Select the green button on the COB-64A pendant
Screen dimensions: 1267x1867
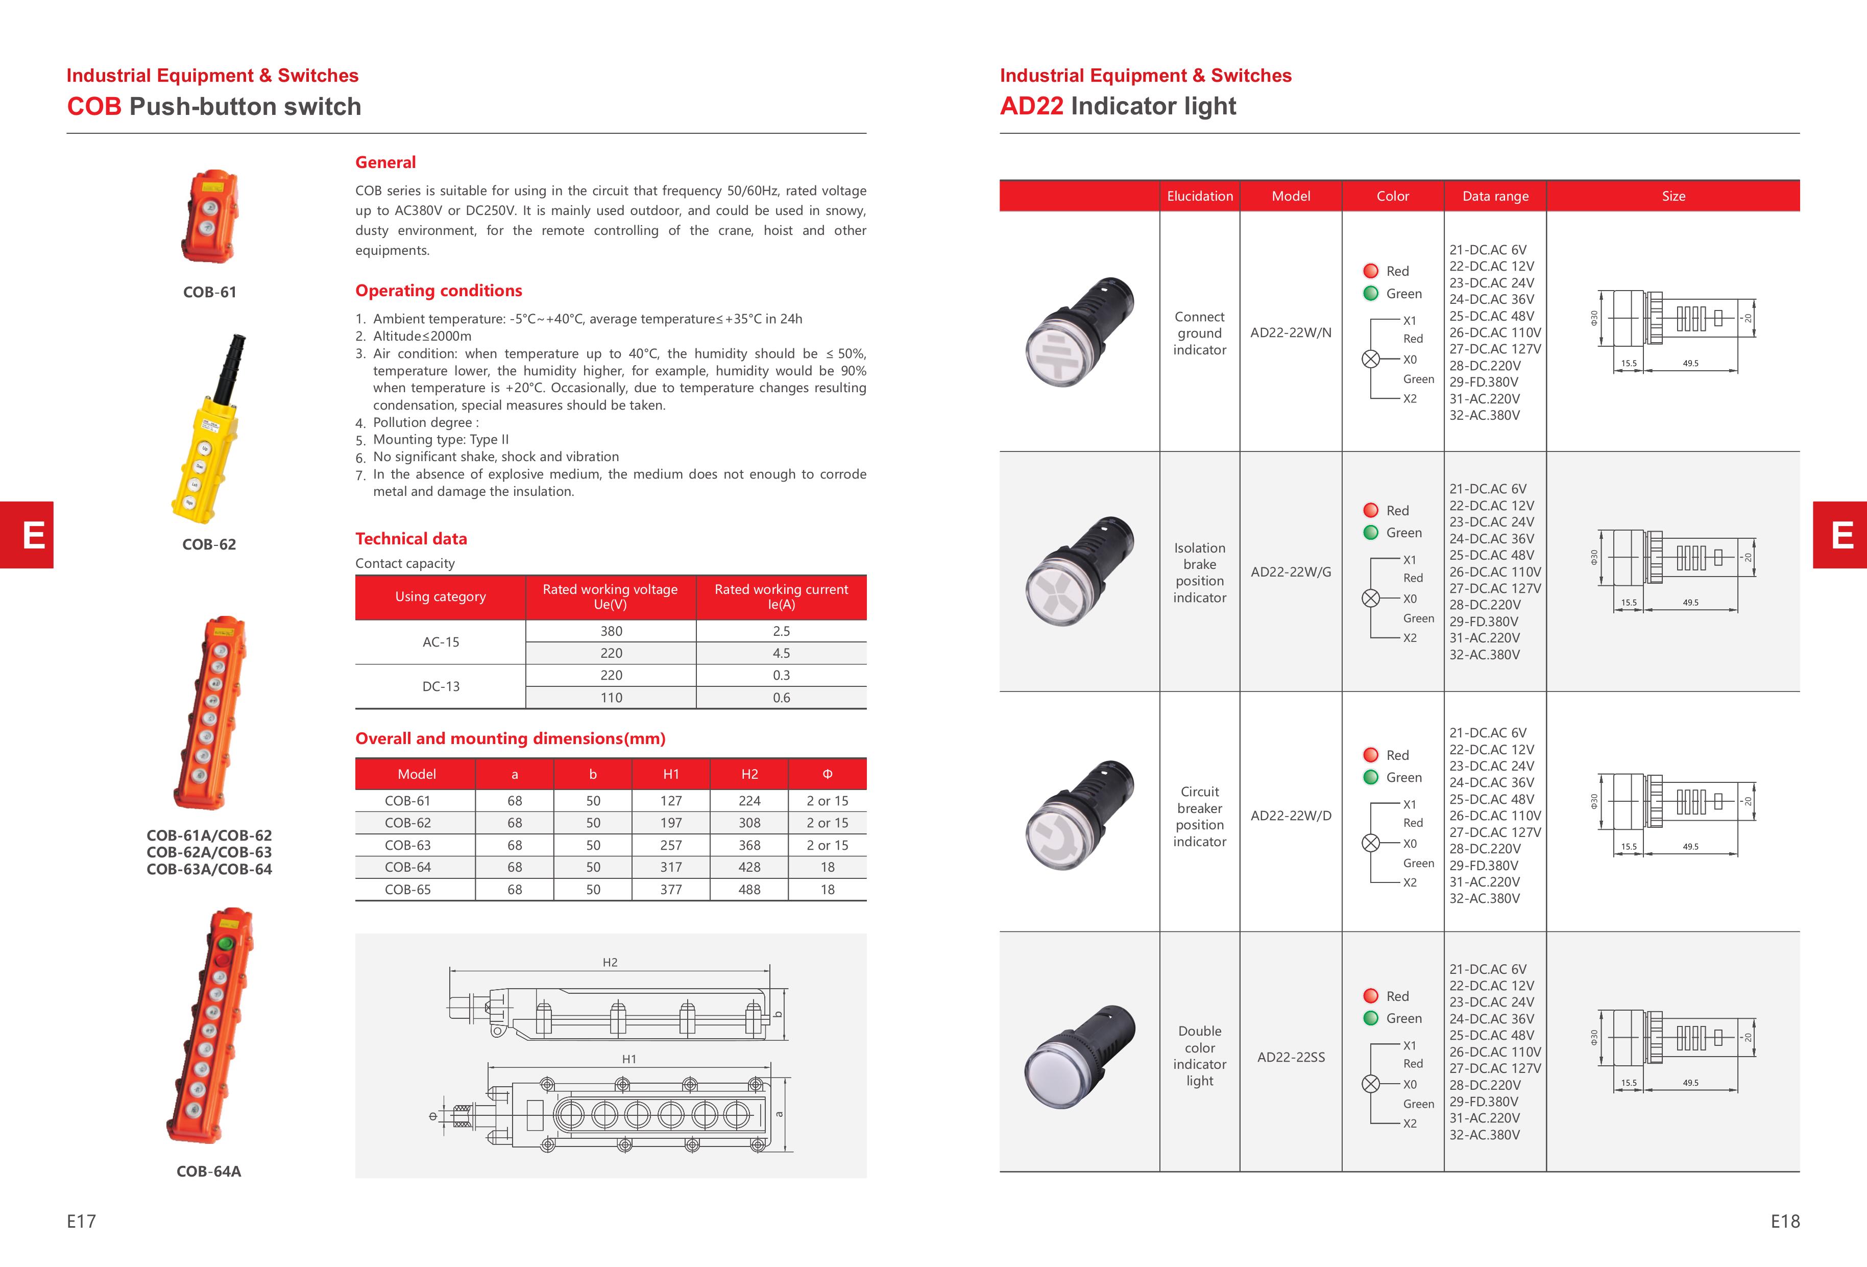[226, 942]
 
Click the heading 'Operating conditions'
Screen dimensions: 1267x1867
[439, 291]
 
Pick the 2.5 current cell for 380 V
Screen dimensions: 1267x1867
[781, 632]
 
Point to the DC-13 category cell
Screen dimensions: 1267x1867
[441, 687]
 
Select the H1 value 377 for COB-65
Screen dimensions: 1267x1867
[671, 890]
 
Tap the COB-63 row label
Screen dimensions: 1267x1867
[408, 845]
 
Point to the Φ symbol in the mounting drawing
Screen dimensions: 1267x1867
[433, 1116]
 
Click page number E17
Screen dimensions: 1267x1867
[81, 1221]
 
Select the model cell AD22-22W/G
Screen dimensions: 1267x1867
[1290, 572]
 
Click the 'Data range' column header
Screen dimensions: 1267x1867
[1495, 197]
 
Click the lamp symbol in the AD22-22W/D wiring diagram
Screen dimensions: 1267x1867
[1371, 843]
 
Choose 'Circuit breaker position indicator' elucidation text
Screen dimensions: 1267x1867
[1199, 816]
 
